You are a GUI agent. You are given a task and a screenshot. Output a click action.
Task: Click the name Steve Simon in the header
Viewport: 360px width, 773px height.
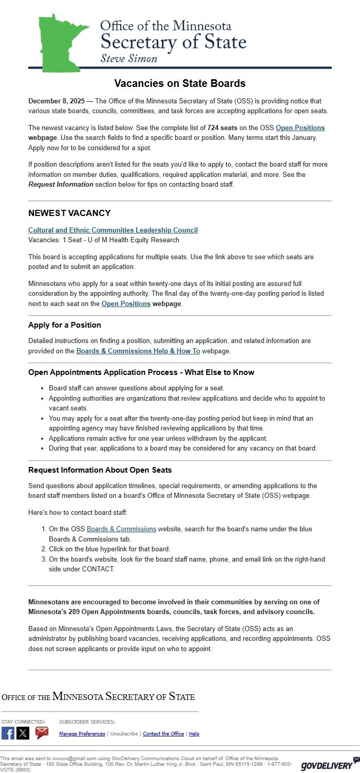(129, 58)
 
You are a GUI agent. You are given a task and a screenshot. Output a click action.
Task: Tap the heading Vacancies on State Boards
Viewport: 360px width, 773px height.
(179, 83)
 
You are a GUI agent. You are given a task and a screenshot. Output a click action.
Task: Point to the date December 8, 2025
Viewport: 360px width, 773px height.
(57, 101)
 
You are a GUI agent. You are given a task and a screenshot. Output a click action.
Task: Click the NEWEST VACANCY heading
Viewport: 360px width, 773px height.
(69, 213)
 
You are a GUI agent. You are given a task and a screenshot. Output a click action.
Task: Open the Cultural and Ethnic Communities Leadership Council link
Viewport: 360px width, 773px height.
(113, 230)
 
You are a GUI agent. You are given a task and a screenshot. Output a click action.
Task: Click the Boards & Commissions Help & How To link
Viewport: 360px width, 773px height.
(138, 351)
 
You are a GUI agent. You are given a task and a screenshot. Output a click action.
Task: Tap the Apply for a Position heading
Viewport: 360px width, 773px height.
(64, 325)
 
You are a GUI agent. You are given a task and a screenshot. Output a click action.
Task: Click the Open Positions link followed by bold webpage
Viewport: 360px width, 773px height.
(126, 303)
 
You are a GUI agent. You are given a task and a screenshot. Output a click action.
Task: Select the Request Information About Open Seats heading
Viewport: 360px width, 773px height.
(100, 470)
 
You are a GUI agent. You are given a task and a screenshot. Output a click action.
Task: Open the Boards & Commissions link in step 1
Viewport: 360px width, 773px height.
(121, 529)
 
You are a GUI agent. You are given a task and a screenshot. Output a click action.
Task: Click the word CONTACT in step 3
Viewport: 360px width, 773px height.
(98, 569)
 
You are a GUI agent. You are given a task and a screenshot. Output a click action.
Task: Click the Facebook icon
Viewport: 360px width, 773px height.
(8, 733)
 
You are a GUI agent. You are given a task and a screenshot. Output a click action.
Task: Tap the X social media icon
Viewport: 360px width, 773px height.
(23, 733)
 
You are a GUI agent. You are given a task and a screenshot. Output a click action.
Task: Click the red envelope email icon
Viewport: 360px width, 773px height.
(42, 733)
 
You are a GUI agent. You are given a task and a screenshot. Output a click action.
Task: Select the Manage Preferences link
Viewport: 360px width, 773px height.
(82, 734)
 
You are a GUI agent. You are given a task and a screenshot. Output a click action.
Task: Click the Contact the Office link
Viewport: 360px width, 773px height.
(163, 734)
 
